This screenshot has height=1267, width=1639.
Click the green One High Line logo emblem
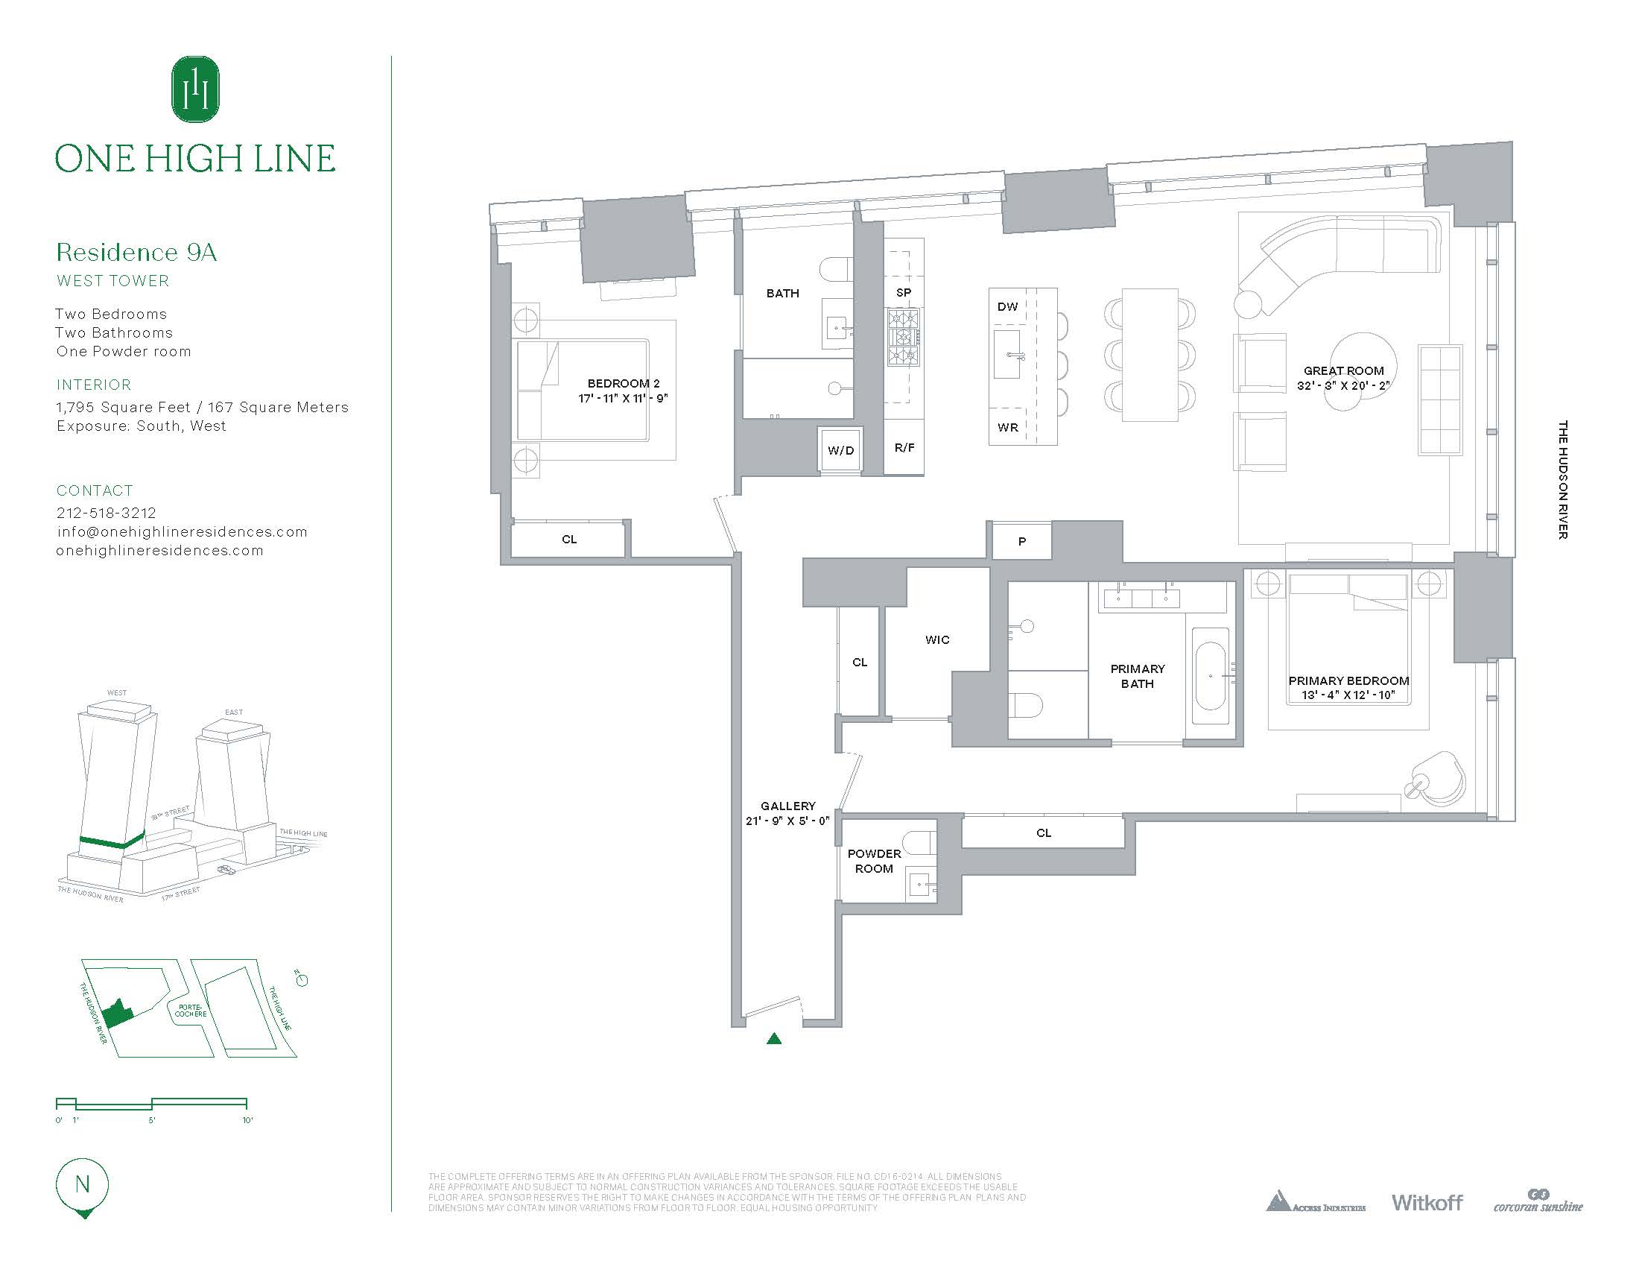click(x=196, y=89)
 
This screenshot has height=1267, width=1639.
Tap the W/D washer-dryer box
click(x=840, y=450)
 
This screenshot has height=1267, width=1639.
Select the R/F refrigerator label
click(x=904, y=448)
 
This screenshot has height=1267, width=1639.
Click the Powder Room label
click(x=875, y=861)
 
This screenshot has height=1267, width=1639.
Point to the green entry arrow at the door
click(x=775, y=1039)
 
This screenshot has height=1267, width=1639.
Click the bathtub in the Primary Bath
click(x=1211, y=675)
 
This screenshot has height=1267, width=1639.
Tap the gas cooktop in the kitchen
click(x=904, y=337)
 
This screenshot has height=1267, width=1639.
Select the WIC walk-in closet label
click(x=937, y=639)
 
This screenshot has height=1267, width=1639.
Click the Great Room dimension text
click(x=1343, y=386)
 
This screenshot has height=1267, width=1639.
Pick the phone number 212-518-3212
click(x=107, y=513)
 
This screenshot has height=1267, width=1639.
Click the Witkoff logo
click(x=1427, y=1224)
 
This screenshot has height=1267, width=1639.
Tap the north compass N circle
click(x=83, y=1184)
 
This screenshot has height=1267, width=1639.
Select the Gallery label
click(x=788, y=806)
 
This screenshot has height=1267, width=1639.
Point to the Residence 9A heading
click(x=136, y=252)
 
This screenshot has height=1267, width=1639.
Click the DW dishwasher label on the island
click(x=1008, y=306)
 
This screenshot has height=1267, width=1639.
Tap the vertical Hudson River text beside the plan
click(x=1563, y=480)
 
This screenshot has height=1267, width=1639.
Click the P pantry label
click(x=1022, y=541)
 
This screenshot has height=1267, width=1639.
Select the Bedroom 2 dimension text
click(x=623, y=399)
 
